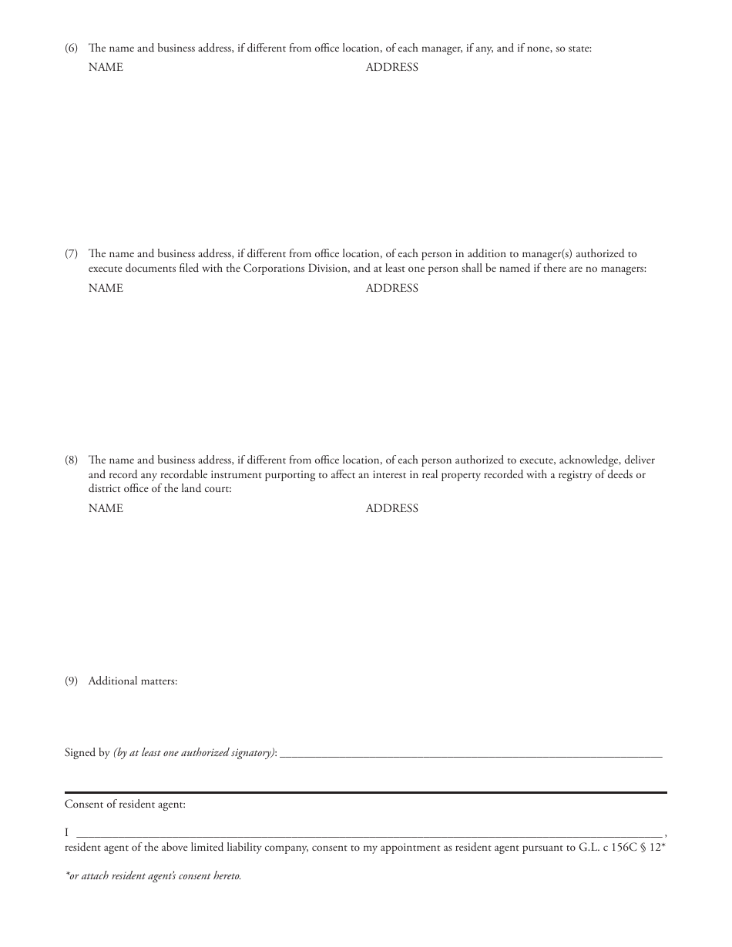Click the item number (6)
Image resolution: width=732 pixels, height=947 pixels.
click(71, 49)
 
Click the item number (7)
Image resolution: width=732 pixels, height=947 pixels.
click(71, 253)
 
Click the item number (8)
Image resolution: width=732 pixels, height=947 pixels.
click(71, 460)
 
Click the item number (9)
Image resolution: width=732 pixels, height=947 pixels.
click(71, 681)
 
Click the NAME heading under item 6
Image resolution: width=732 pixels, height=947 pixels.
click(106, 67)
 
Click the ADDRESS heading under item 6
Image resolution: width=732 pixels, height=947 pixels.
click(391, 67)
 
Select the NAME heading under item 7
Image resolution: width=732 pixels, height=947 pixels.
click(106, 288)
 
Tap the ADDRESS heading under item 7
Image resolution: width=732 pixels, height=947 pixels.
click(391, 288)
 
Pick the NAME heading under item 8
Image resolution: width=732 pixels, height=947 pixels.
click(106, 508)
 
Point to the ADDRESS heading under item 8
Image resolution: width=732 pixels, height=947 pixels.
click(391, 508)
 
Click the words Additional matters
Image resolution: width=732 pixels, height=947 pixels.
click(133, 681)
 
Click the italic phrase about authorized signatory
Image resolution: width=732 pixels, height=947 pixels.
click(194, 753)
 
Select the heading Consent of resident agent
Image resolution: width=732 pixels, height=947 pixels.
click(125, 805)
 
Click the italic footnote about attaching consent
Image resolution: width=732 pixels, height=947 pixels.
click(153, 875)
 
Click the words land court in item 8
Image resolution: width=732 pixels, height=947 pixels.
click(207, 489)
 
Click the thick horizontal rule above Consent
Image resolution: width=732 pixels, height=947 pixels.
click(365, 792)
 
